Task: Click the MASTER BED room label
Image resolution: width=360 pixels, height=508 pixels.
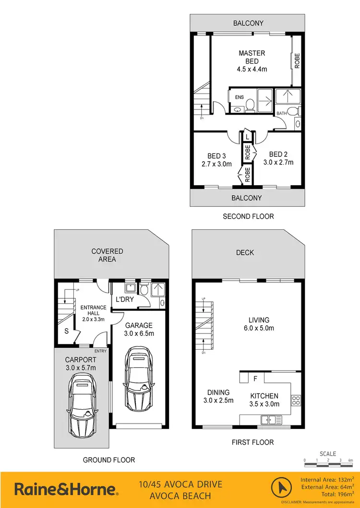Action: (x=252, y=57)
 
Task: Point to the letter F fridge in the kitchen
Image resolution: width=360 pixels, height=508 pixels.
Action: (x=255, y=379)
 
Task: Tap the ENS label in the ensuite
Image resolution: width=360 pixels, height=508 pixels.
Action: (x=239, y=97)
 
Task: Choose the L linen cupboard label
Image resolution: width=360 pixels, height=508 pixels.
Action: (x=247, y=137)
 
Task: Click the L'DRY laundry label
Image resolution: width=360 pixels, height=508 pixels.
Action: (x=124, y=300)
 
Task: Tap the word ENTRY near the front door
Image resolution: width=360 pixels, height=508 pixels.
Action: (x=100, y=351)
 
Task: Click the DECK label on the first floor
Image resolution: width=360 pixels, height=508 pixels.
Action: (x=245, y=252)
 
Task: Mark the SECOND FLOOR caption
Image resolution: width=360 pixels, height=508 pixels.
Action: (x=248, y=216)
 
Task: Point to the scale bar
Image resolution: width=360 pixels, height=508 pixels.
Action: (x=328, y=461)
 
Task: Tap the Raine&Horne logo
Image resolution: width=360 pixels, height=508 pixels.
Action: (x=66, y=489)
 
